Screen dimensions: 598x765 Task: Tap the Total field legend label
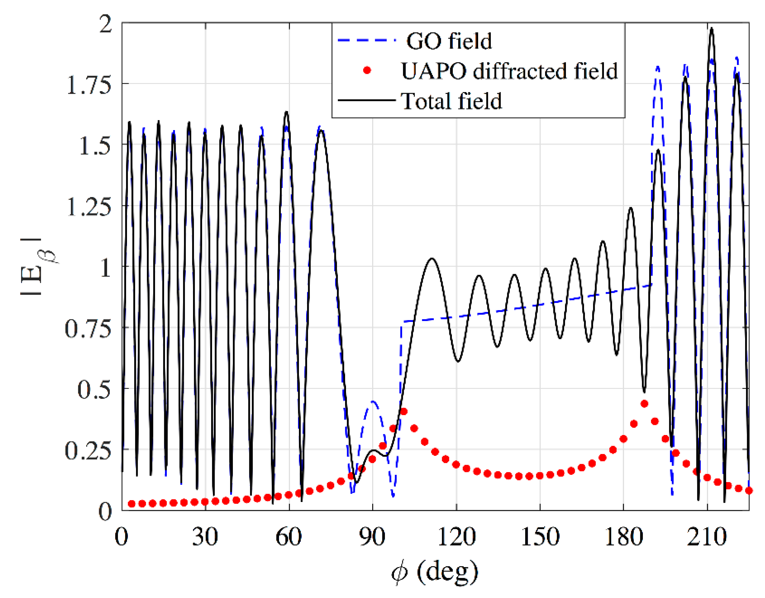pos(452,101)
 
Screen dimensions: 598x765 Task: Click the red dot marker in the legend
pos(367,70)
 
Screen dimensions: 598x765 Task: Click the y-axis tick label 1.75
pos(89,85)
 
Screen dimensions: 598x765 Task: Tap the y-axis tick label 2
pos(105,24)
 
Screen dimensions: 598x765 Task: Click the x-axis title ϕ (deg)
pos(435,572)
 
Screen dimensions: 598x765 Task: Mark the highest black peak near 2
pos(711,29)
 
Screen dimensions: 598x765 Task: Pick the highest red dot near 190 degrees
pos(644,404)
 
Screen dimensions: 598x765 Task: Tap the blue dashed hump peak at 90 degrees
pos(372,401)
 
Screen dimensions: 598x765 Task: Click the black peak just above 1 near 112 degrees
pos(431,259)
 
